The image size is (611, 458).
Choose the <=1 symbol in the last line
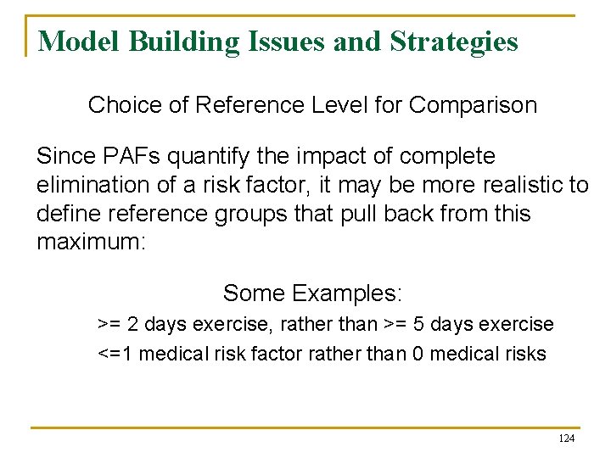click(x=115, y=353)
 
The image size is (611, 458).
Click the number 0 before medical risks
click(x=418, y=353)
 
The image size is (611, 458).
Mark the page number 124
click(x=566, y=438)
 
